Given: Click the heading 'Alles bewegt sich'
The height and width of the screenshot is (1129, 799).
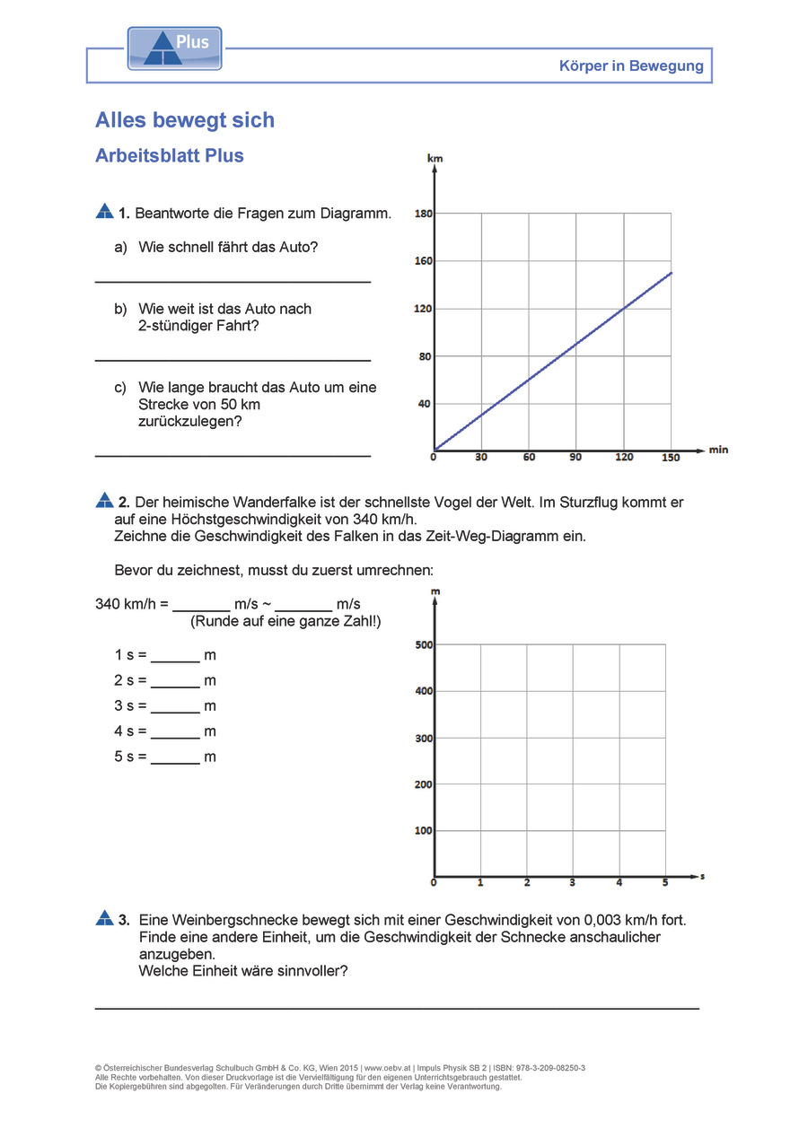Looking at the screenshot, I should pyautogui.click(x=185, y=120).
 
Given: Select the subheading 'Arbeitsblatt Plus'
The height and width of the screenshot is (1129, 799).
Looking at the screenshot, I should pyautogui.click(x=170, y=155).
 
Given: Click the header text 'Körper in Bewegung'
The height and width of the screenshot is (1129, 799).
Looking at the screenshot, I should pyautogui.click(x=631, y=66).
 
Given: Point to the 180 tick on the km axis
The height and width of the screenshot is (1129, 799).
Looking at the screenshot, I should pyautogui.click(x=424, y=214).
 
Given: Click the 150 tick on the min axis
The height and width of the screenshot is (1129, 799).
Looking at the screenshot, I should pyautogui.click(x=671, y=457).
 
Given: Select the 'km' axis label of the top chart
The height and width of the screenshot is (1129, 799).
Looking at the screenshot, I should pyautogui.click(x=435, y=158).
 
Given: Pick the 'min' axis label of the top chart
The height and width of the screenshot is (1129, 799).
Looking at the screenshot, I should pyautogui.click(x=718, y=449).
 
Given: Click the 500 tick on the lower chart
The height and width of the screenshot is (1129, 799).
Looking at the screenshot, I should pyautogui.click(x=424, y=644).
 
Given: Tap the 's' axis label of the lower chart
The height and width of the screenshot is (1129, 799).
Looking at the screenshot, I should pyautogui.click(x=701, y=875).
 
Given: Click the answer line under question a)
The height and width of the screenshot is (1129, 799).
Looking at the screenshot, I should pyautogui.click(x=233, y=282).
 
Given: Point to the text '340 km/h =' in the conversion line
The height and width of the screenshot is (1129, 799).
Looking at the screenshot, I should pyautogui.click(x=132, y=604).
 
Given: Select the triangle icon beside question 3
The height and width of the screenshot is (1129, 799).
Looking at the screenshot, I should pyautogui.click(x=104, y=918).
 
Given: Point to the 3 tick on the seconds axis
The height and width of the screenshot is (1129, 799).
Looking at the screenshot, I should pyautogui.click(x=573, y=883).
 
